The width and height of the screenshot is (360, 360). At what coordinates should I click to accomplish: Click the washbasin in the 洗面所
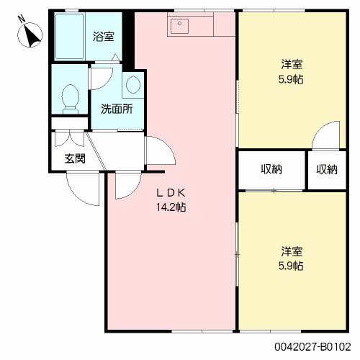(x=132, y=85)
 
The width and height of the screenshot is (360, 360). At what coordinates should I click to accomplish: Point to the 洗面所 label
(x=116, y=110)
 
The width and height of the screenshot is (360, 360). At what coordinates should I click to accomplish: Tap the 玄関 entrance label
(x=75, y=158)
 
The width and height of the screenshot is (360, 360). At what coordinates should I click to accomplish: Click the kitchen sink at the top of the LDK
(x=178, y=27)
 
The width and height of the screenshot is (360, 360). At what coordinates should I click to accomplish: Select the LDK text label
(x=173, y=192)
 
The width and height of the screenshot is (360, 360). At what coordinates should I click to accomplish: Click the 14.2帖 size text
(x=173, y=207)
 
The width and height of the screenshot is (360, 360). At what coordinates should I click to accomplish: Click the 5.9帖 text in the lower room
(x=292, y=266)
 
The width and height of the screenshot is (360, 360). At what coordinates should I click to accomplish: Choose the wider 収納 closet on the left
(x=271, y=170)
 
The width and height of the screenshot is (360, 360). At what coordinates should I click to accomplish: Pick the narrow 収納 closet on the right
(x=326, y=170)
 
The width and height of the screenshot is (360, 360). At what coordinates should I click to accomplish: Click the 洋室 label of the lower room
(x=292, y=251)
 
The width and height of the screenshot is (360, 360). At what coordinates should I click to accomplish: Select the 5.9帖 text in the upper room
(x=292, y=79)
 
